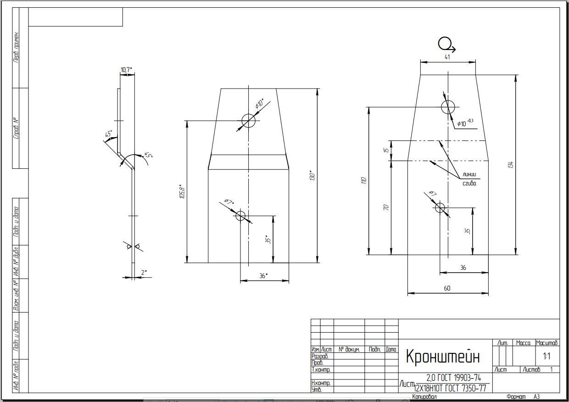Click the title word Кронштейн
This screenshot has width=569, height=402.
443,357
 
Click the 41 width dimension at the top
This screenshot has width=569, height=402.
447,57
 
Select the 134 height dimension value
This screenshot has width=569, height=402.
511,164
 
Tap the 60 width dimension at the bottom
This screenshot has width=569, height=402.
447,288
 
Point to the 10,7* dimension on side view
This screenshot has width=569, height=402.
126,70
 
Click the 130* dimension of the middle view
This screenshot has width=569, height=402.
312,175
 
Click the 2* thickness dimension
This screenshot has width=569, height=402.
144,273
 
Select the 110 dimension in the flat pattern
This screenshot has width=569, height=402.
363,180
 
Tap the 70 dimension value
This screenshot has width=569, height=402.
386,207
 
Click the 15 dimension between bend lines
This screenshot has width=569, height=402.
386,150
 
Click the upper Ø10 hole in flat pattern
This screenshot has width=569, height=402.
447,107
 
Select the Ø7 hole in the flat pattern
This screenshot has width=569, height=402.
440,208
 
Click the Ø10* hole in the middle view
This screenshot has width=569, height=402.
248,121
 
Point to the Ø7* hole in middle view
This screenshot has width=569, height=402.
240,216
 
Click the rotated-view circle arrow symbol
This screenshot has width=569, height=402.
446,45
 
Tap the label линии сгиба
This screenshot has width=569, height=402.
469,179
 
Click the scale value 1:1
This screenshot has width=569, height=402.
547,356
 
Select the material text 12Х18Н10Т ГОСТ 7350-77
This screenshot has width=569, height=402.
450,389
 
